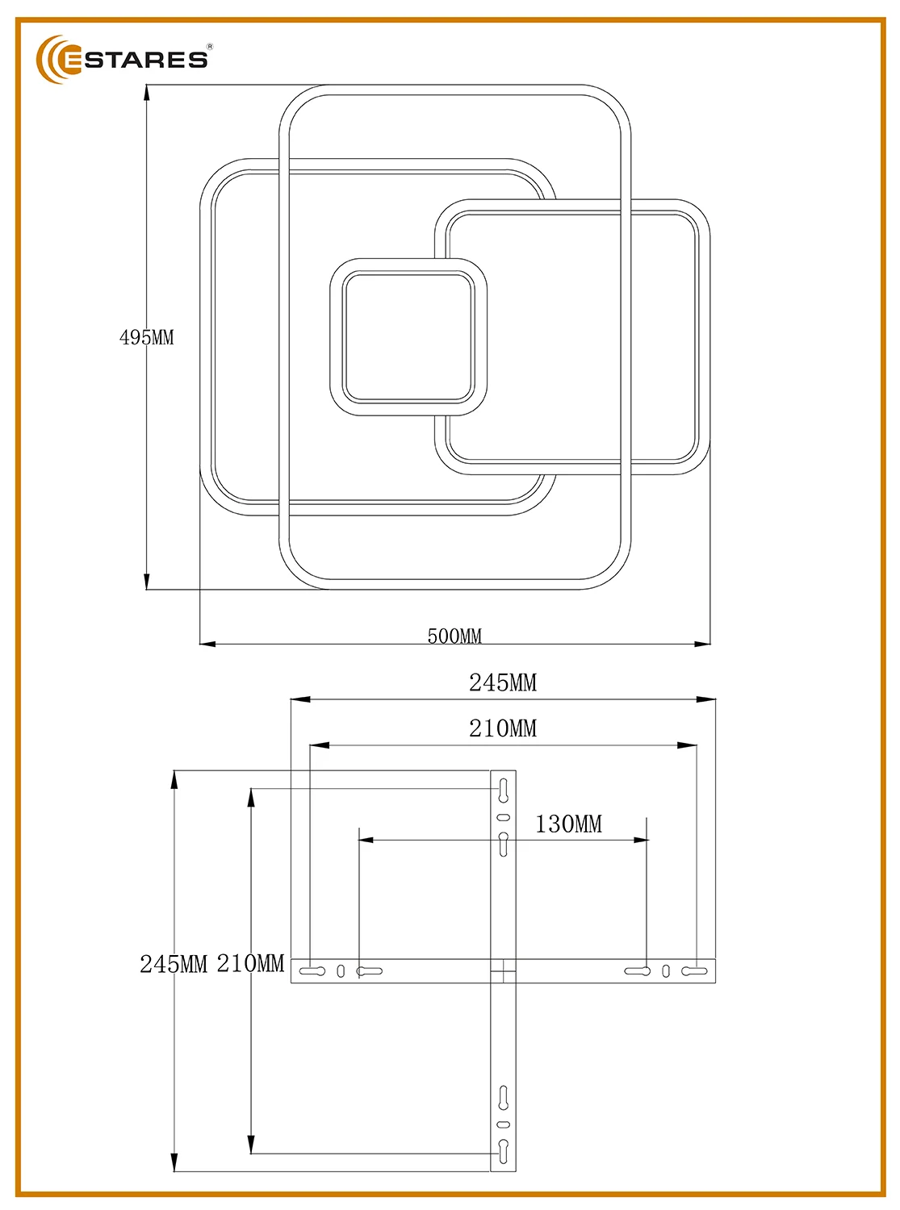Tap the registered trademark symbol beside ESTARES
click(x=210, y=47)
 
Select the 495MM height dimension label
click(x=146, y=338)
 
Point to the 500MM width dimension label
click(x=454, y=636)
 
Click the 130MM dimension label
click(x=568, y=824)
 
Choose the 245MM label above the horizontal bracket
click(x=503, y=682)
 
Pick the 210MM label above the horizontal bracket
click(x=503, y=728)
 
